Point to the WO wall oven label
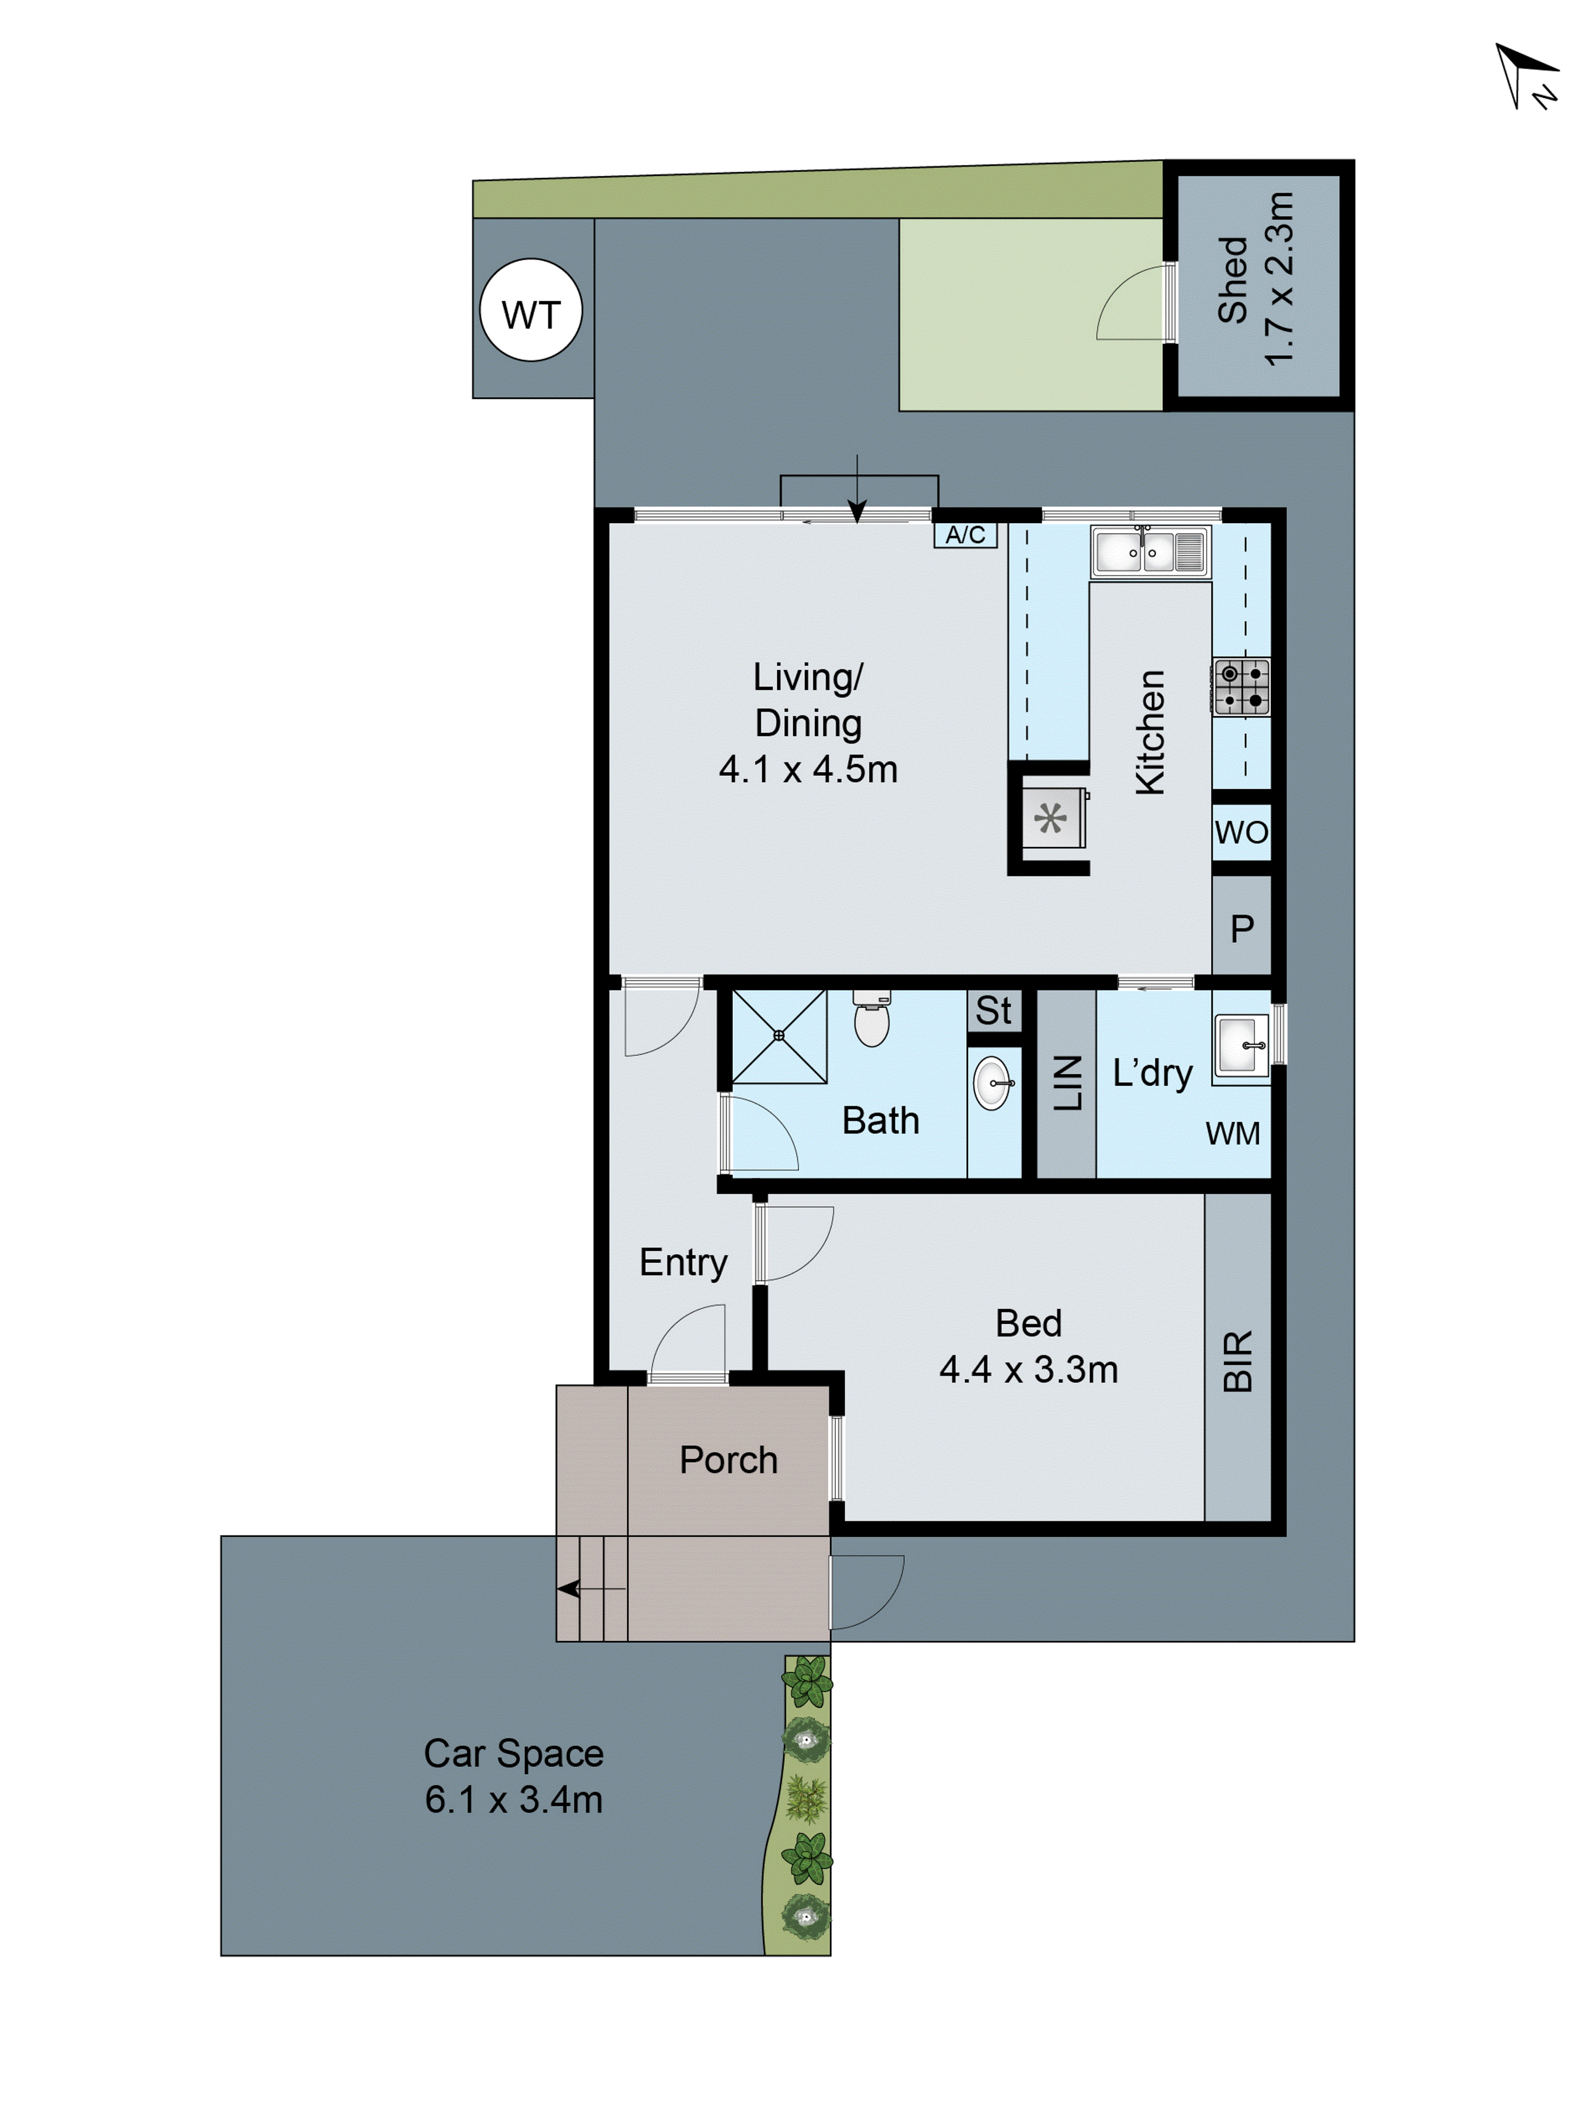point(1241,832)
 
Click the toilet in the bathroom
point(871,1022)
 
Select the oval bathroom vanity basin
point(993,1083)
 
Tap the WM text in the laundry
point(1232,1133)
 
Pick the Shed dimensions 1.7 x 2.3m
point(1279,279)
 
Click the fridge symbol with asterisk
point(1051,818)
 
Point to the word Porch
point(728,1460)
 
